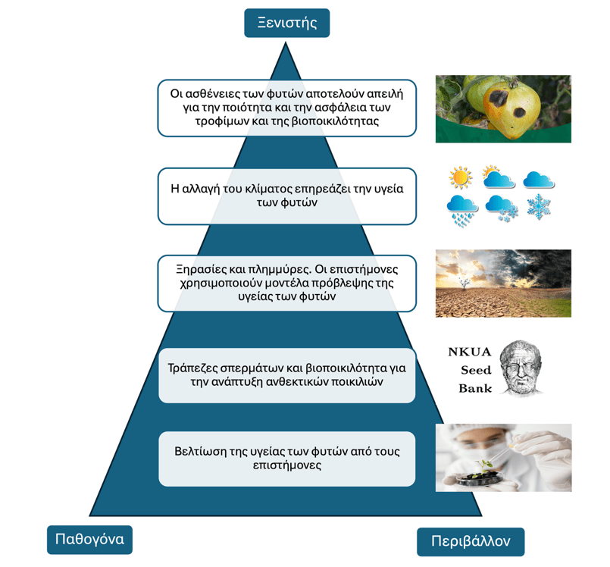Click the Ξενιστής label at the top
tap(286, 23)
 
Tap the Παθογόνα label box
tap(89, 540)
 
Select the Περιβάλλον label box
tap(470, 541)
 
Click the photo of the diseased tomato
tap(502, 108)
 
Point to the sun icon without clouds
tap(460, 177)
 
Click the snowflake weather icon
tap(539, 205)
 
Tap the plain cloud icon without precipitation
tap(538, 179)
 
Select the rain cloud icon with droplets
tap(461, 208)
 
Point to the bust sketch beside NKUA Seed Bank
tap(521, 368)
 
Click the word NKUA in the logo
tap(469, 352)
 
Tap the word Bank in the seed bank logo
tap(475, 388)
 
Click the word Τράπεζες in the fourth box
tap(196, 368)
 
